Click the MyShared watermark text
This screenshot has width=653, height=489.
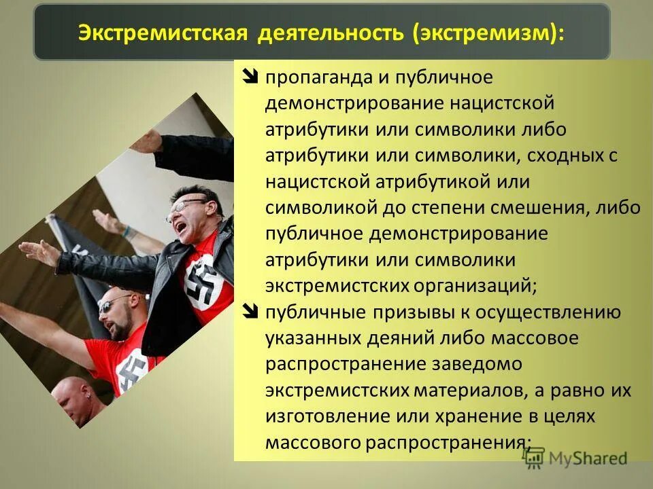[588, 458]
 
